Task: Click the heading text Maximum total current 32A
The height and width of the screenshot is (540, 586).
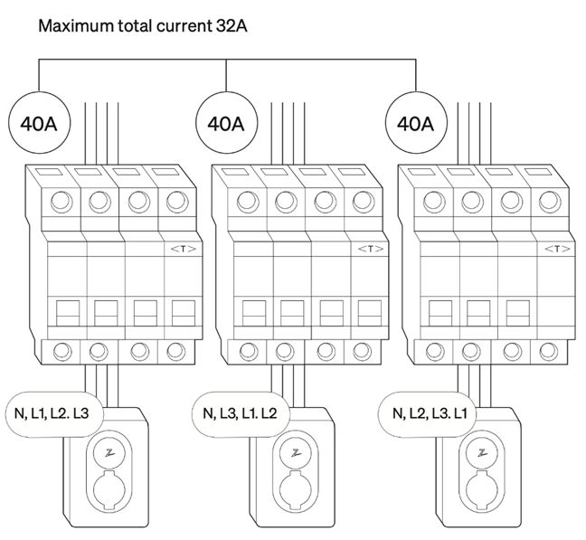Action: [x=143, y=25]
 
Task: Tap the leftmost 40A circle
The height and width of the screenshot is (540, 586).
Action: [x=38, y=123]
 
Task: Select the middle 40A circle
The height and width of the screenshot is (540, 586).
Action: [x=226, y=123]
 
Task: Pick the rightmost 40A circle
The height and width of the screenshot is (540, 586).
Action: [x=414, y=123]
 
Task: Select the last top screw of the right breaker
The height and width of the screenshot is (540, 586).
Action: [x=549, y=202]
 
